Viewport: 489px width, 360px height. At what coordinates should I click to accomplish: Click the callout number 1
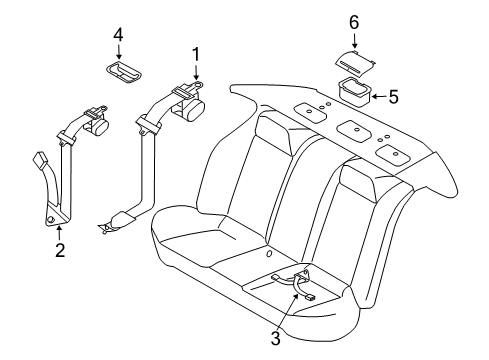click(196, 55)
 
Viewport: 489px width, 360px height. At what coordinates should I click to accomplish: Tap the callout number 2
click(60, 250)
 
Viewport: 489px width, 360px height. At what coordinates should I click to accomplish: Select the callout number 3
click(275, 338)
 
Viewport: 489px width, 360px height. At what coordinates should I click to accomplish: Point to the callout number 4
click(118, 35)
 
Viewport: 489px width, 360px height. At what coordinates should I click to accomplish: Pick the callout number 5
click(394, 97)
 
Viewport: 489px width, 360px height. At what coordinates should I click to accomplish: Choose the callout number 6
click(354, 22)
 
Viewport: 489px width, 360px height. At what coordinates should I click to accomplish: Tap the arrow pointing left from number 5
click(379, 97)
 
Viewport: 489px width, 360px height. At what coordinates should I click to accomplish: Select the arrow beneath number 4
click(118, 52)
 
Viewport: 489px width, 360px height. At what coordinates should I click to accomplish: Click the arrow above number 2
click(59, 233)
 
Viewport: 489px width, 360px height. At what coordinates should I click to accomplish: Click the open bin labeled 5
click(355, 92)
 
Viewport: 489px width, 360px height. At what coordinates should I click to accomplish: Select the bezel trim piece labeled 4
click(123, 71)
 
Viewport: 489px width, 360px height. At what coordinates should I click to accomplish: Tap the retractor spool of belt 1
click(193, 109)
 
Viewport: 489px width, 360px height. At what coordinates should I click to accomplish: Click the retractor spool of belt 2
click(99, 127)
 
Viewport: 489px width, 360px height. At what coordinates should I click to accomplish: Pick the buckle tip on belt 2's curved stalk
click(41, 158)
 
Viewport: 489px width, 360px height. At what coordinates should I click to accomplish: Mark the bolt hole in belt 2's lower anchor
click(51, 219)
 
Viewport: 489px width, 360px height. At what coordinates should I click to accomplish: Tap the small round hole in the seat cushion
click(268, 254)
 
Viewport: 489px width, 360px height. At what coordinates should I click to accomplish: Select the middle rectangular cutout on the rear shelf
click(354, 131)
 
